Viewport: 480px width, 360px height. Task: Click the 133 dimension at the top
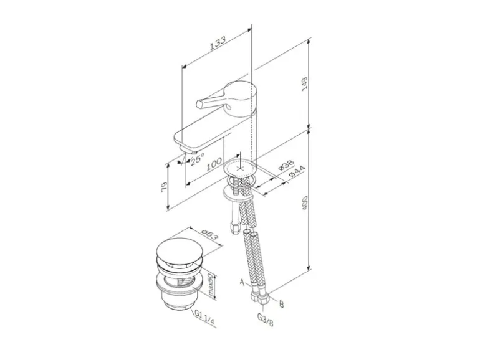(217, 45)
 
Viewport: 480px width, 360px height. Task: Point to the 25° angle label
(198, 160)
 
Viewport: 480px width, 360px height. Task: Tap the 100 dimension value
(214, 163)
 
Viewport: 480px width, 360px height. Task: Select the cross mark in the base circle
(240, 168)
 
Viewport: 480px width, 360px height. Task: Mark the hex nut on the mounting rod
(235, 227)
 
